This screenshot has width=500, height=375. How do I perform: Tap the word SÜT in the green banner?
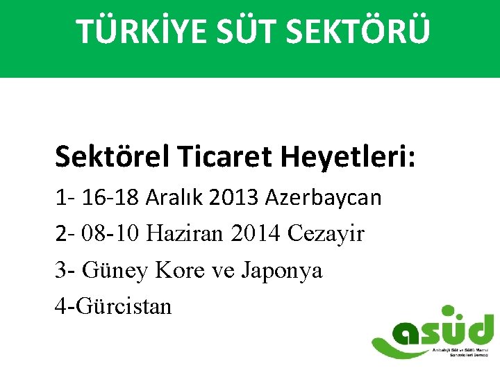pos(235,31)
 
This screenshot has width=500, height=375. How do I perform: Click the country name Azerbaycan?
pos(324,198)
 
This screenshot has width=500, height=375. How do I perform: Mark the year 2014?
pos(256,234)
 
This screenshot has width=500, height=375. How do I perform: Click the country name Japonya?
pos(282,270)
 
